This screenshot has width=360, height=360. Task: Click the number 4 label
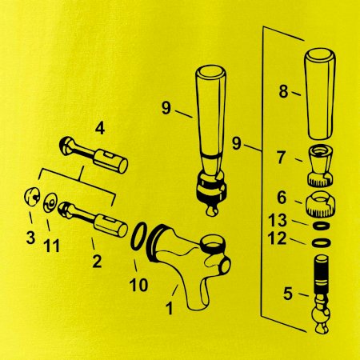(x=100, y=129)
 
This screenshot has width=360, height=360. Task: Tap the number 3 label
(x=30, y=238)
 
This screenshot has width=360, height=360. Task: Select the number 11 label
(x=51, y=246)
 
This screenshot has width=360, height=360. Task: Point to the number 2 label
(x=97, y=262)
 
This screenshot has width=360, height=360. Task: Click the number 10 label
(x=138, y=285)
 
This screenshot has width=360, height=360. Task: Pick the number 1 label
(x=170, y=308)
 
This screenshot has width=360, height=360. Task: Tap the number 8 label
(x=283, y=91)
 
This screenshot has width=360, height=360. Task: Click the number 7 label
(x=281, y=158)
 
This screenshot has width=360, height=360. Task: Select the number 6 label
(x=282, y=198)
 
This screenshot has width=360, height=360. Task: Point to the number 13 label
(x=278, y=220)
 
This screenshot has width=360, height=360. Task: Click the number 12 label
(x=278, y=238)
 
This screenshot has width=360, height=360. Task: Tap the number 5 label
(x=288, y=294)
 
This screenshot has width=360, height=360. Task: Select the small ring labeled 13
(x=321, y=226)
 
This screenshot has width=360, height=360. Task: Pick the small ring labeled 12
(x=322, y=242)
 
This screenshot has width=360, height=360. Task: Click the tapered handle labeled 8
(x=320, y=94)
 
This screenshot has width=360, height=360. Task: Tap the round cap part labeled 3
(x=32, y=197)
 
